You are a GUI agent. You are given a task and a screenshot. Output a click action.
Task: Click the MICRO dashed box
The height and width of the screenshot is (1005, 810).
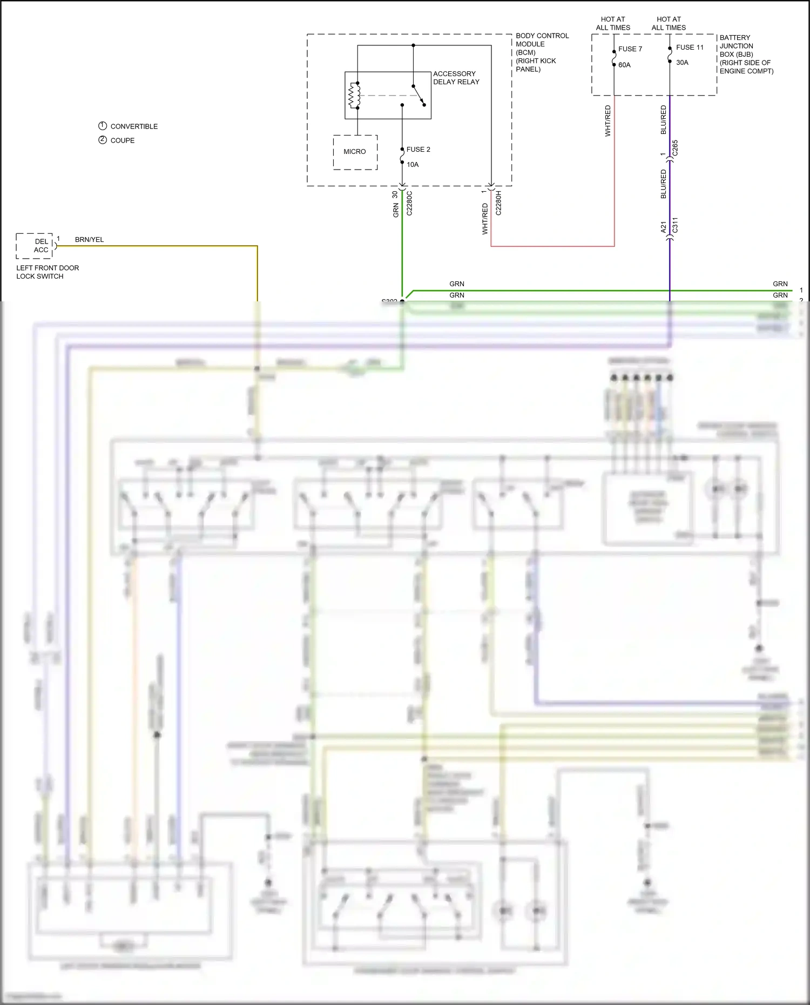(x=355, y=152)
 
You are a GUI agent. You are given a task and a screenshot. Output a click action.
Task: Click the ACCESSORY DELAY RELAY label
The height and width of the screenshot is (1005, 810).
(x=456, y=78)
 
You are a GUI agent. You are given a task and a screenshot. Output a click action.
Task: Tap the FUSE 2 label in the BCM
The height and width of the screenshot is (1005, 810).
(x=418, y=150)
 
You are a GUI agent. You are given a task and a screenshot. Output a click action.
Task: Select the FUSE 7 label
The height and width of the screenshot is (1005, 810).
(x=630, y=49)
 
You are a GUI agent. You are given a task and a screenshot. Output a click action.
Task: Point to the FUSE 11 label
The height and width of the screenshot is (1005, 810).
(x=690, y=48)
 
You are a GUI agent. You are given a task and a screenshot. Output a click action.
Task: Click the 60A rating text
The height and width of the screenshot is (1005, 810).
(x=624, y=65)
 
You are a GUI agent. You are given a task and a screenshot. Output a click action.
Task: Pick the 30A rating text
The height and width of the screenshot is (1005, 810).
(x=682, y=63)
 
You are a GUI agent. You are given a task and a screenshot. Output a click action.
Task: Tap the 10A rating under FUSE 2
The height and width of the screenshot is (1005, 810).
(x=413, y=165)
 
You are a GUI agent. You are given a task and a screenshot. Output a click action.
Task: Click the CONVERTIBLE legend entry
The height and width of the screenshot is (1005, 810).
(x=134, y=126)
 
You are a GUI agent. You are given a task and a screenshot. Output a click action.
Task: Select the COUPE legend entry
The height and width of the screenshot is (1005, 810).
(x=123, y=140)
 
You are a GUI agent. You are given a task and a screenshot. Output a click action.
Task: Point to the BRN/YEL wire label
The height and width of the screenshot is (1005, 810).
(x=89, y=239)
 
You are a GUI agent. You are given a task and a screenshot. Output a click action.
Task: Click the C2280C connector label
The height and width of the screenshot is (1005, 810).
(x=409, y=203)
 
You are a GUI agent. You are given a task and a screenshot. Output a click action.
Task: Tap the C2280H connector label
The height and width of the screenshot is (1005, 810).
(x=498, y=203)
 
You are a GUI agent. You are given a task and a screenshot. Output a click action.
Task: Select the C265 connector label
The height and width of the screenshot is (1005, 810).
(x=675, y=149)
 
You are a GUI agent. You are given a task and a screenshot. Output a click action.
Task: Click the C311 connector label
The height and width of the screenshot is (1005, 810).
(x=675, y=225)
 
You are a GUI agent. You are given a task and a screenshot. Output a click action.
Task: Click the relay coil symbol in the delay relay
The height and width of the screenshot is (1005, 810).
(x=354, y=96)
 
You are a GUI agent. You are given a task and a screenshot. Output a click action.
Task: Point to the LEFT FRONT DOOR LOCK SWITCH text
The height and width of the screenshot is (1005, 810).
(x=47, y=272)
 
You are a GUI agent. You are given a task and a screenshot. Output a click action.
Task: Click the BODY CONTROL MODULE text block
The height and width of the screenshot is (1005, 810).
(x=542, y=52)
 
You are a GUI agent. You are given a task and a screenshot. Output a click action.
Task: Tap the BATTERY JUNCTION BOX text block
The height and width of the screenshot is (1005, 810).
(x=746, y=54)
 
